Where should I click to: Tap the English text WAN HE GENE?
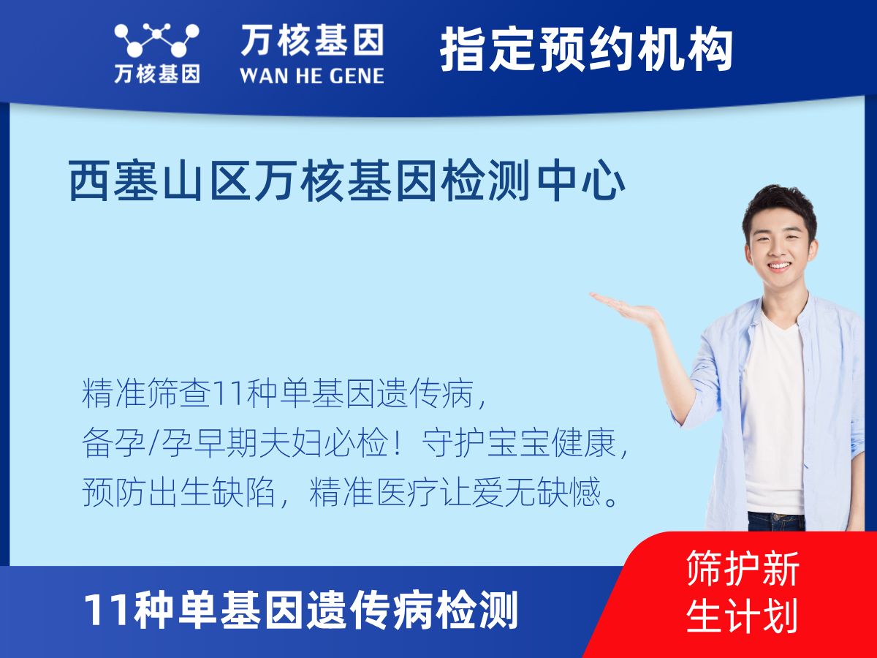[x=311, y=75]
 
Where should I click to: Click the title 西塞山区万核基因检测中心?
[x=346, y=183]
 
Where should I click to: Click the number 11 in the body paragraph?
[x=221, y=395]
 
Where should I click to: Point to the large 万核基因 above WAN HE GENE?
[x=311, y=40]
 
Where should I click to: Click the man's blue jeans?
[x=776, y=521]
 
